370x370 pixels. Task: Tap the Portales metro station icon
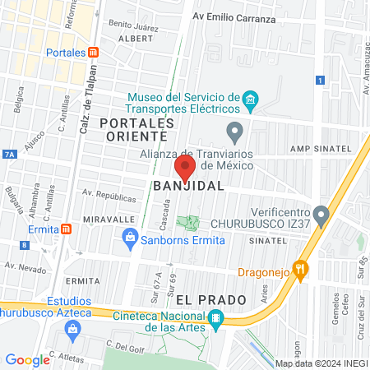[x=94, y=52]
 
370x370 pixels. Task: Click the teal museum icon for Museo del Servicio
[x=251, y=104]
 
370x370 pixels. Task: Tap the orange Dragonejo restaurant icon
[x=301, y=268]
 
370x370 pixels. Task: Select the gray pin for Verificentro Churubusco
[x=321, y=215]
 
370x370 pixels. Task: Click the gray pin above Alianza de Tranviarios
[x=235, y=131]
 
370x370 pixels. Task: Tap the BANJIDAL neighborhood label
[x=188, y=187]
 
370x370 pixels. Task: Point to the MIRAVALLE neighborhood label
[x=109, y=220]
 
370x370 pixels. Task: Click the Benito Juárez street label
[x=132, y=26]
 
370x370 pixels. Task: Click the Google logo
[x=27, y=359]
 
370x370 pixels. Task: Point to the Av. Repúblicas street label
[x=109, y=198]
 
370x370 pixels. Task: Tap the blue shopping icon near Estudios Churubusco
[x=72, y=330]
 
